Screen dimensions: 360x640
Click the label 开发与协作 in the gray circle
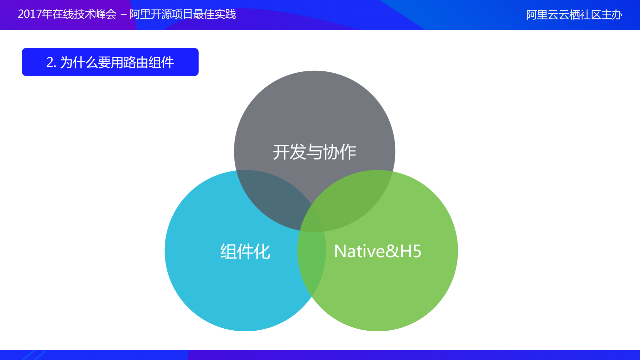tap(314, 152)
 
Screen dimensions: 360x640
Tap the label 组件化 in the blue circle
tap(245, 252)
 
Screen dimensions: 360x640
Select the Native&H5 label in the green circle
tap(378, 251)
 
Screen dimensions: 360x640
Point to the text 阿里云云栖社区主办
tap(574, 15)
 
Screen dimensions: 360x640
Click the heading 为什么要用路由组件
tap(117, 62)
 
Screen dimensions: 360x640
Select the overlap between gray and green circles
tap(354, 200)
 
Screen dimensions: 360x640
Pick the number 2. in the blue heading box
tap(51, 62)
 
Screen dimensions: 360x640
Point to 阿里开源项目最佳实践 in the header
tap(182, 14)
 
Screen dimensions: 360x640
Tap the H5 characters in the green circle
tap(411, 251)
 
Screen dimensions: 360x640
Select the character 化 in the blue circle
tap(262, 252)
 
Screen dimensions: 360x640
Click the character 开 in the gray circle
tap(281, 152)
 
